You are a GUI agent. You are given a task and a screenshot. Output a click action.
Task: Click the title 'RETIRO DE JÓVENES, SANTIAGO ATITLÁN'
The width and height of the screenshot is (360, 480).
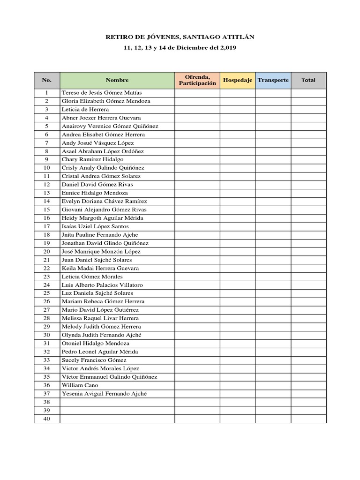pyautogui.click(x=180, y=37)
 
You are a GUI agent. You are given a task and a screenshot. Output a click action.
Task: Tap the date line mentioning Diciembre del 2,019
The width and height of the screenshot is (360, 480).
pyautogui.click(x=180, y=48)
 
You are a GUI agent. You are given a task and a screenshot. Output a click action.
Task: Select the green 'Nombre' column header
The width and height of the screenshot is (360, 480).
pyautogui.click(x=117, y=80)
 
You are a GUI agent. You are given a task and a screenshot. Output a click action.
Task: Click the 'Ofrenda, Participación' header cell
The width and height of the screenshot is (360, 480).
pyautogui.click(x=197, y=80)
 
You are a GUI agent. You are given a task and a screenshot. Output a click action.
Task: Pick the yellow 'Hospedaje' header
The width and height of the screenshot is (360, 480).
pyautogui.click(x=238, y=80)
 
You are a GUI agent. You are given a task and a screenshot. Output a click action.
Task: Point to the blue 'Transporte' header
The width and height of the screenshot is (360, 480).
pyautogui.click(x=273, y=80)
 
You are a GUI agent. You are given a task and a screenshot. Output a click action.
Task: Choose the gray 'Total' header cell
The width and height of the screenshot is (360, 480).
pyautogui.click(x=308, y=80)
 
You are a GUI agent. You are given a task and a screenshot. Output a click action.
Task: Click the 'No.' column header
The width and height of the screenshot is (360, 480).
pyautogui.click(x=47, y=80)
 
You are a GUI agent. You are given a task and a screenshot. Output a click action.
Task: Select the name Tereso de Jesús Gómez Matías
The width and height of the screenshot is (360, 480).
pyautogui.click(x=102, y=93)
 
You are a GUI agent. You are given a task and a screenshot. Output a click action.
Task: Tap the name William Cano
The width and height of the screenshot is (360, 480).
pyautogui.click(x=80, y=385)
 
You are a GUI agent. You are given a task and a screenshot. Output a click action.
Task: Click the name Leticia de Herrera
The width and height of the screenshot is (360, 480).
pyautogui.click(x=85, y=109)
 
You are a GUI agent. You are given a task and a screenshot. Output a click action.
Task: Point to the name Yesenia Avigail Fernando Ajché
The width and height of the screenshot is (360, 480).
pyautogui.click(x=104, y=394)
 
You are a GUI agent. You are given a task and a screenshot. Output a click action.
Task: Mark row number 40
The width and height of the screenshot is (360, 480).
pyautogui.click(x=47, y=419)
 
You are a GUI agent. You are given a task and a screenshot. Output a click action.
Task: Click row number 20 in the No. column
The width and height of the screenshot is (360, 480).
pyautogui.click(x=47, y=252)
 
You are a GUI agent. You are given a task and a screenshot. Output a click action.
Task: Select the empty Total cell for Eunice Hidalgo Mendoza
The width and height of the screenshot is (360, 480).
pyautogui.click(x=308, y=193)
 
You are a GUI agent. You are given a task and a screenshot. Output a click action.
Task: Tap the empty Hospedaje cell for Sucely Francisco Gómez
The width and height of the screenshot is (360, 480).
pyautogui.click(x=238, y=360)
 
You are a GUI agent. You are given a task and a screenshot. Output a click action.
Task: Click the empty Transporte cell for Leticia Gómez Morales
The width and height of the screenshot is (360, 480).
pyautogui.click(x=273, y=277)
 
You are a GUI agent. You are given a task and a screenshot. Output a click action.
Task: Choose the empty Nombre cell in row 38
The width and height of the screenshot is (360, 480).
pyautogui.click(x=117, y=402)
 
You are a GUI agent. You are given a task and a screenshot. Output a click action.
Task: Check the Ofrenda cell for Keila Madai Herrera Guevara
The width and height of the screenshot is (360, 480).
pyautogui.click(x=197, y=269)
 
